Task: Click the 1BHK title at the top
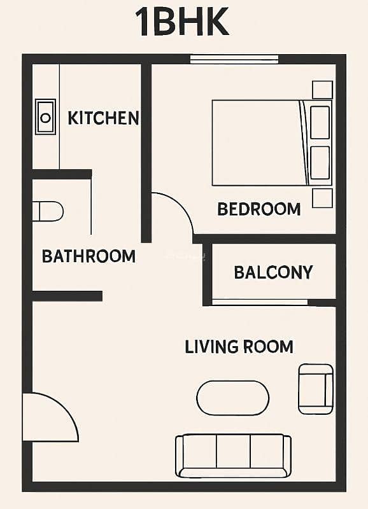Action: (182, 22)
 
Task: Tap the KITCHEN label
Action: (103, 118)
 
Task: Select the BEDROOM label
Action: (259, 209)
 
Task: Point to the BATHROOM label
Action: (88, 256)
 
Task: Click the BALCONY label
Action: (273, 272)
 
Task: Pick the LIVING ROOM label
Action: (239, 347)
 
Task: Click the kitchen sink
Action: (45, 117)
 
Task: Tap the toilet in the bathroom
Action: (48, 212)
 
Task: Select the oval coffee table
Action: (232, 398)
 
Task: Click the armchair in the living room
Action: (316, 389)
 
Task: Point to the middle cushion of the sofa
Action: (233, 452)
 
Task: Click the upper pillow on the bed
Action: (320, 122)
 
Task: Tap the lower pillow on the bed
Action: (320, 163)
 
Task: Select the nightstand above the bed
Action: (323, 90)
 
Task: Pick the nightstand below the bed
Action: (323, 198)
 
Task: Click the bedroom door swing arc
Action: (181, 204)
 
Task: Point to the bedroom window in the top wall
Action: (234, 59)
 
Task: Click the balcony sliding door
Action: (260, 303)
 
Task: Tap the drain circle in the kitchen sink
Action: (45, 118)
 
